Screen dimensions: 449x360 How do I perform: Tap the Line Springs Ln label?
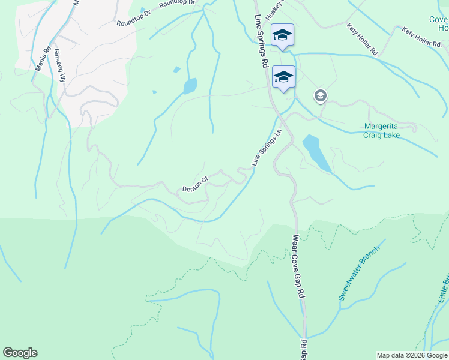tap(266, 148)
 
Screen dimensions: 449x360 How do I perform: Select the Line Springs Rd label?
tap(261, 41)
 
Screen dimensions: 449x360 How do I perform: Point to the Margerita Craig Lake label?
tap(382, 131)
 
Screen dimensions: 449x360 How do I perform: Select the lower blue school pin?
tap(283, 77)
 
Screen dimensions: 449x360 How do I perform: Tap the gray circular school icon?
tap(321, 95)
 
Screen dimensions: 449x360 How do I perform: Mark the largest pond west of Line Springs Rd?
tap(190, 86)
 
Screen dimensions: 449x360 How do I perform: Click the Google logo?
tap(20, 353)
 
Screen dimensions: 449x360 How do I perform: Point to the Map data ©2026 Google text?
tap(412, 355)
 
